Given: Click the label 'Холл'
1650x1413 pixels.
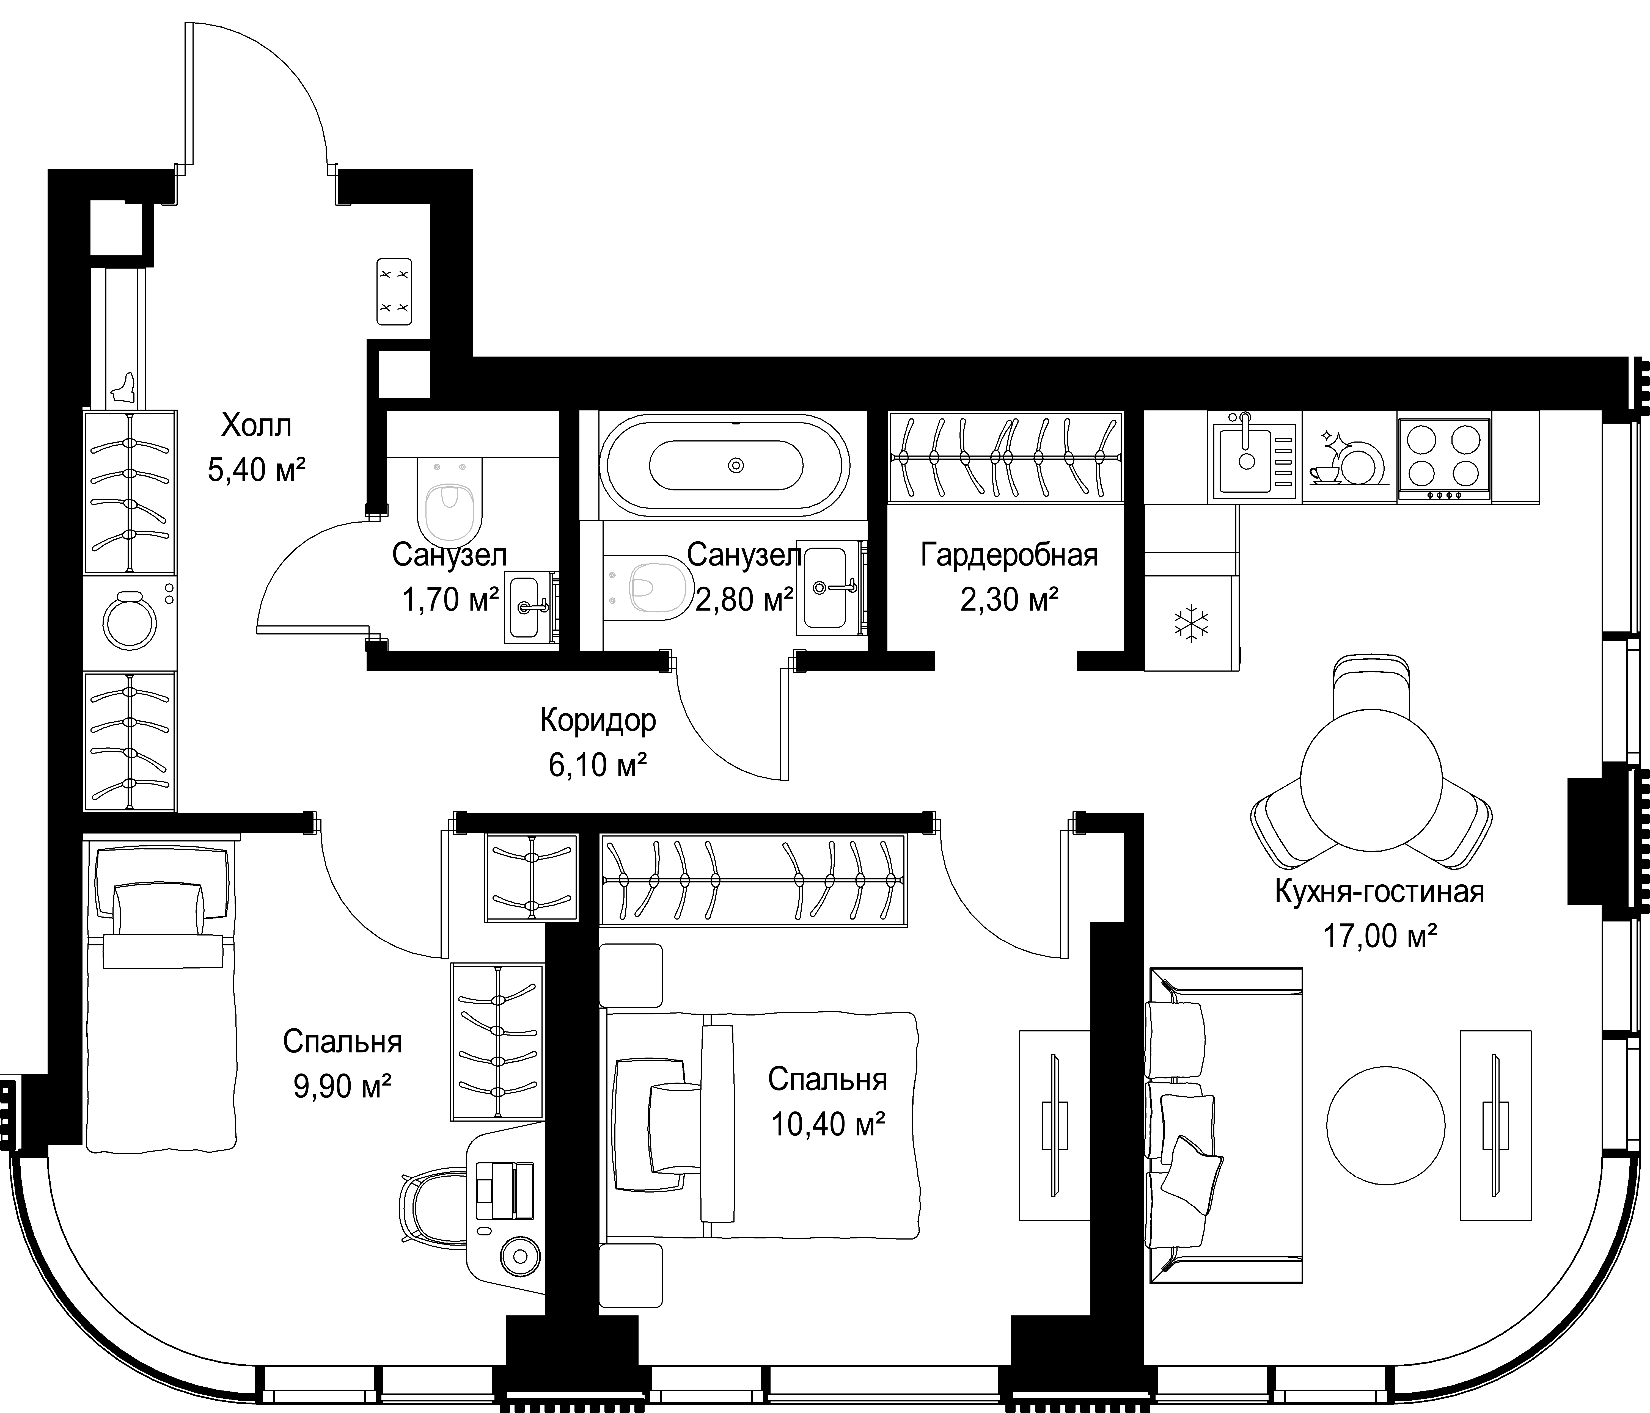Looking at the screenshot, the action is (256, 425).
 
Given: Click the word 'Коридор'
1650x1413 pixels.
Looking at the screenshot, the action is (598, 721).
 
